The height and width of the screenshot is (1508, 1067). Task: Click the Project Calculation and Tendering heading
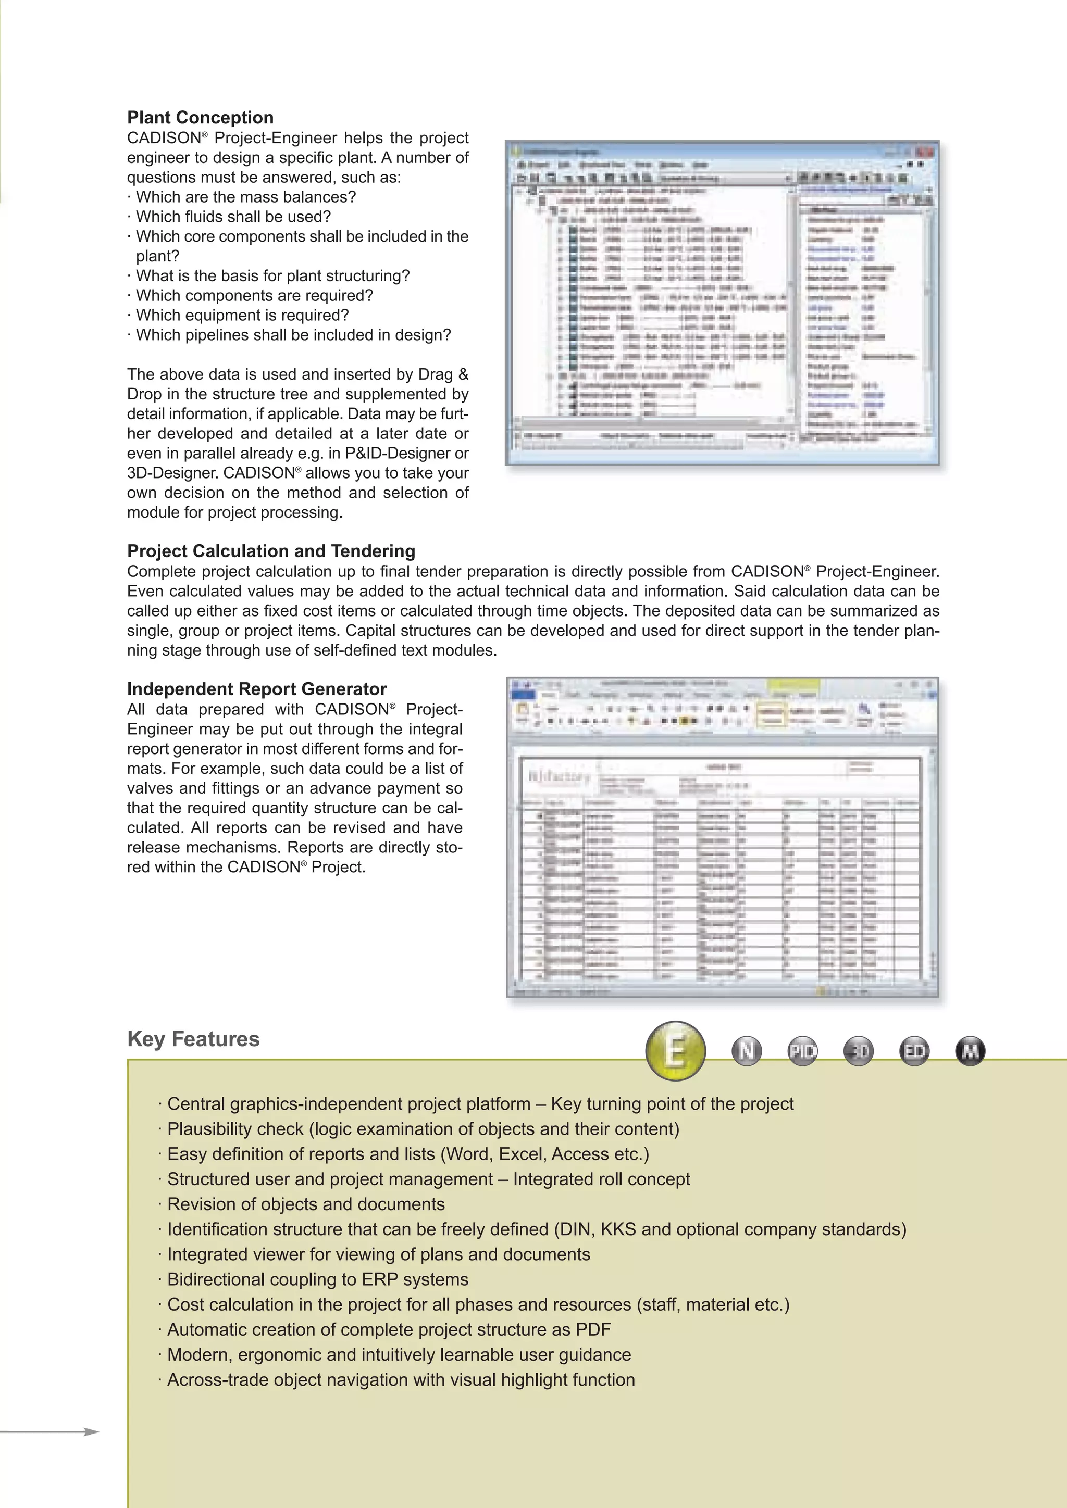(x=271, y=551)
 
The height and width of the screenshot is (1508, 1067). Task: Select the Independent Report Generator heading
(x=256, y=689)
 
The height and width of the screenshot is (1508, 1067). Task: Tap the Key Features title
(x=193, y=1039)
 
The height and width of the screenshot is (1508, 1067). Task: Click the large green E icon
(x=675, y=1051)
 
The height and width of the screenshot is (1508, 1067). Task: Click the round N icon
(x=747, y=1051)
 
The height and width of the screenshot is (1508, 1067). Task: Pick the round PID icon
(x=802, y=1051)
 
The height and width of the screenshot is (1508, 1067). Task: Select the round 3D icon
(x=858, y=1051)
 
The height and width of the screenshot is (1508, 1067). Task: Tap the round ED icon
(x=914, y=1051)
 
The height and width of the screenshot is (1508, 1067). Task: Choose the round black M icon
(x=970, y=1051)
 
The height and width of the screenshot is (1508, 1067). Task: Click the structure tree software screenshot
(x=722, y=302)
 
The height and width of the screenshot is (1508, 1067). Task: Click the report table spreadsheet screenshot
(x=722, y=837)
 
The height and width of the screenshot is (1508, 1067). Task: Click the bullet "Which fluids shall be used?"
(x=233, y=217)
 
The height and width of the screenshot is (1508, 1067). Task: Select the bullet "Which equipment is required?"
(x=242, y=315)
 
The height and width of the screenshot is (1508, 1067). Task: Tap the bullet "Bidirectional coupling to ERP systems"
(x=317, y=1279)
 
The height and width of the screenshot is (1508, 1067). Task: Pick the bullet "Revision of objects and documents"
(x=305, y=1204)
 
